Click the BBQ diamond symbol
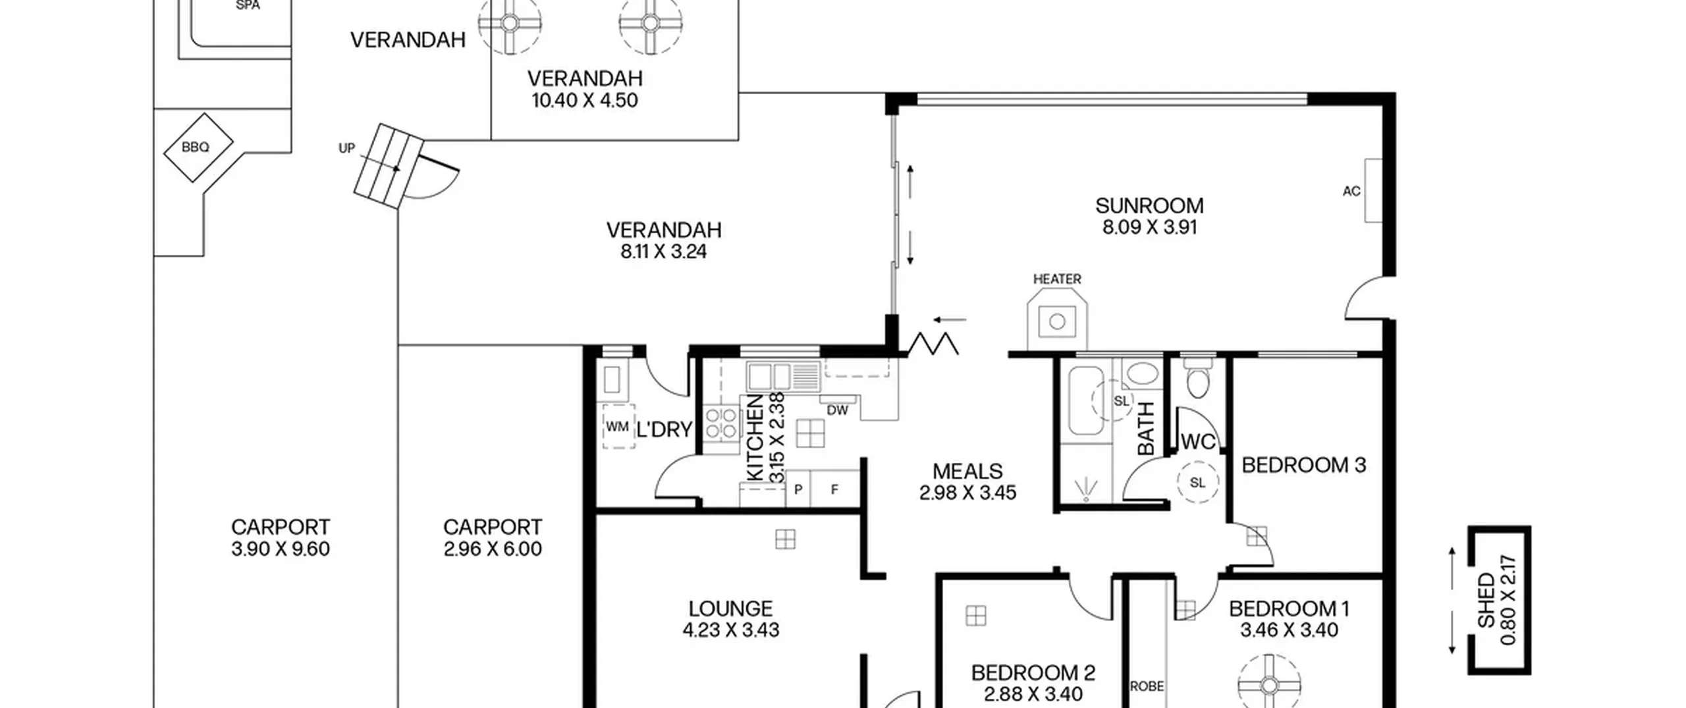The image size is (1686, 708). tap(198, 148)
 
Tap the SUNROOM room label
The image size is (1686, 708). tap(1149, 205)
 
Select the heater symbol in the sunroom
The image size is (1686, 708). tap(1057, 321)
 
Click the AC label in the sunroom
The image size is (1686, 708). tap(1351, 191)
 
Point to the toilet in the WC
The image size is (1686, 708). tap(1197, 379)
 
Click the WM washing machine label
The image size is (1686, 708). tap(617, 427)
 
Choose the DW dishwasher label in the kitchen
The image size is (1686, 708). tap(837, 410)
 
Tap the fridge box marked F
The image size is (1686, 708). tap(835, 489)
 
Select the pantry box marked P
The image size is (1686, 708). tap(798, 489)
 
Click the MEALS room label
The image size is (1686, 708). tap(967, 471)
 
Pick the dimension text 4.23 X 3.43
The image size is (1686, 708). tap(730, 630)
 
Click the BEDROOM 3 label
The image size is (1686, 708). tap(1303, 465)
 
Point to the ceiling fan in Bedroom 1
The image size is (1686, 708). tap(1269, 686)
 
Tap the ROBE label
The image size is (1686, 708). tap(1147, 686)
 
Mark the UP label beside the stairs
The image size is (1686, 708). tap(346, 148)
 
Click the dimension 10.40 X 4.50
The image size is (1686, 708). tap(585, 101)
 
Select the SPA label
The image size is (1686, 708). tap(248, 5)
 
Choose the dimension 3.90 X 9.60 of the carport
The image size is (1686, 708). tap(281, 549)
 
